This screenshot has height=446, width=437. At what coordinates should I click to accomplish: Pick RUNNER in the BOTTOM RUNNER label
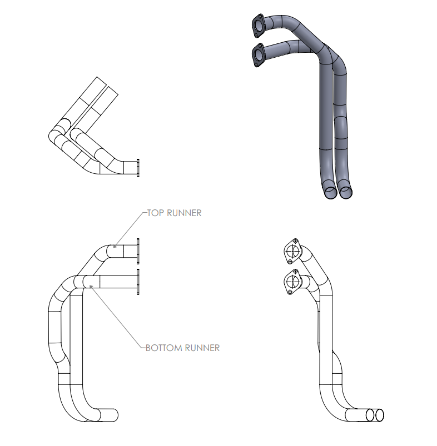(202, 348)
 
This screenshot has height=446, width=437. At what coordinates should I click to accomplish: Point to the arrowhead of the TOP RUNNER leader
(114, 246)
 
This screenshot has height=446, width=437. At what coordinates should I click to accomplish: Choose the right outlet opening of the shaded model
(345, 192)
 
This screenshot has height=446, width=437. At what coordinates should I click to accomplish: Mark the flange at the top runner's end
(137, 252)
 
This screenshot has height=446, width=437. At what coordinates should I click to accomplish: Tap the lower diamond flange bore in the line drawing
(291, 283)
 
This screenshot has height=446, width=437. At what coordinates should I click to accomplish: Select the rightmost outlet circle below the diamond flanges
(380, 414)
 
